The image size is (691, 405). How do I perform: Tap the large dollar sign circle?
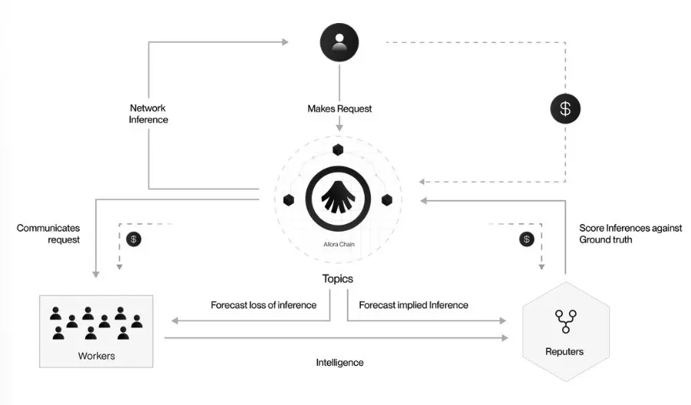click(565, 108)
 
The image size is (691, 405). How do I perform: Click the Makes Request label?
click(339, 109)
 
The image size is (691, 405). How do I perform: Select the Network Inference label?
click(148, 114)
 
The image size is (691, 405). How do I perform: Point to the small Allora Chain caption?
click(338, 246)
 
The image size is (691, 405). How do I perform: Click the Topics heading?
click(338, 279)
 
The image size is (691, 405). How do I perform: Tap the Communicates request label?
click(48, 233)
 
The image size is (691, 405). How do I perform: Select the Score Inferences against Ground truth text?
click(616, 233)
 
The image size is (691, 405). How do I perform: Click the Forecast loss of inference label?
click(264, 305)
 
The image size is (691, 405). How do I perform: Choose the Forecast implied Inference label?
click(414, 305)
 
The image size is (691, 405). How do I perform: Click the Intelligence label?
click(339, 362)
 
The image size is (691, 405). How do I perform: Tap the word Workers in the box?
click(97, 356)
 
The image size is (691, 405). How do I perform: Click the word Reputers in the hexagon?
click(565, 351)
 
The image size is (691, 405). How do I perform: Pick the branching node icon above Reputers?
click(565, 321)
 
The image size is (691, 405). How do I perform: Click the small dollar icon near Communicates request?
click(133, 239)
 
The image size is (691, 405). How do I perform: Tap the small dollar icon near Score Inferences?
click(526, 239)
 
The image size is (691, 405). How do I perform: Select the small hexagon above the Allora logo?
click(338, 150)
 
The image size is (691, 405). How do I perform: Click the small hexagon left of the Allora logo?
click(289, 200)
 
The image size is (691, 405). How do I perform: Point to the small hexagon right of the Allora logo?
click(387, 200)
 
